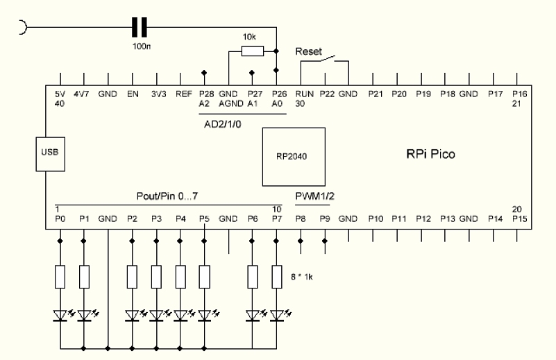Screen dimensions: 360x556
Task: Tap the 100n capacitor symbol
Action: click(x=140, y=27)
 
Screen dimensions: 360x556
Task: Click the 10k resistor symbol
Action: click(x=251, y=51)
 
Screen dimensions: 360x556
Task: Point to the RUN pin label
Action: click(x=304, y=93)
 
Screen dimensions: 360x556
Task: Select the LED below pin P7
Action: click(x=277, y=316)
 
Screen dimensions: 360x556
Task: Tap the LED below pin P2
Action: click(x=133, y=316)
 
